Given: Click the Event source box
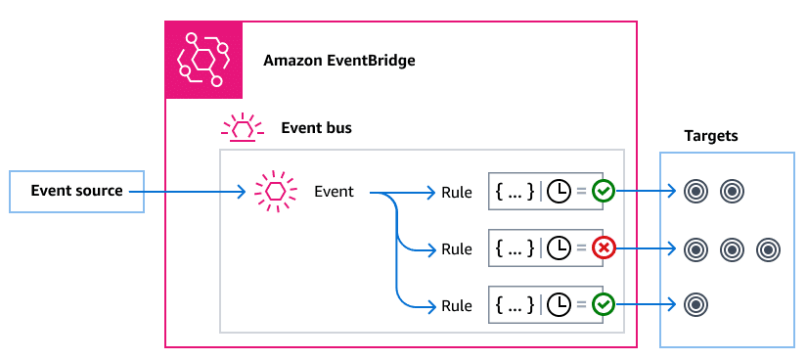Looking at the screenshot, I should pos(76,191).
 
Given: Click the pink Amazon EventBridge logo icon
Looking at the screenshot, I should pos(202,60).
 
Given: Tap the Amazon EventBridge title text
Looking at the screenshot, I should pos(339,61).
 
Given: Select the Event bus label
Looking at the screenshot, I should pos(316,127).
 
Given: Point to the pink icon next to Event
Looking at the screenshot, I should pos(274,191).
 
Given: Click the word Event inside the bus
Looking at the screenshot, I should pos(334,192).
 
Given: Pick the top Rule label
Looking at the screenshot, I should pos(456,193).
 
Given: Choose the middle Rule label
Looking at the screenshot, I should pos(456,249).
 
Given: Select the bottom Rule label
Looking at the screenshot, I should pos(456,306).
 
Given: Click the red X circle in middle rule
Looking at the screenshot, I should pos(604,249).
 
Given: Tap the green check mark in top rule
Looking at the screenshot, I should pos(604,193).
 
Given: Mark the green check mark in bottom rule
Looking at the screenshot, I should pos(604,306).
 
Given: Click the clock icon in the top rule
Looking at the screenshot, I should pos(559,193).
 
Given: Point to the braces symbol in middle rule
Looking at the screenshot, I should pos(515,249).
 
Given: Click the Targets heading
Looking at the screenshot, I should pos(710,136).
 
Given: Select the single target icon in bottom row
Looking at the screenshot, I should pos(695,305).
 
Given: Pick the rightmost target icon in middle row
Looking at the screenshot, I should pos(769,249).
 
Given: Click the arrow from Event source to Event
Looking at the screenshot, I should pos(196,192).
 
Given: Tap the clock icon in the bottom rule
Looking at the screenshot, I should pos(559,306).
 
